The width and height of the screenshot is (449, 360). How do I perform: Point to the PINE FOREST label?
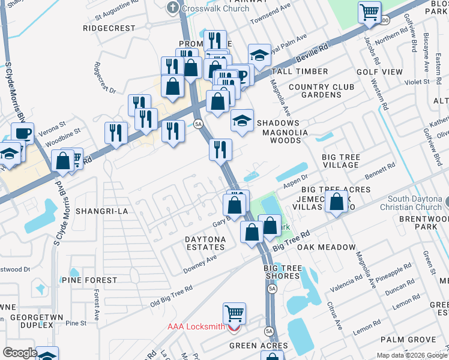click(x=89, y=280)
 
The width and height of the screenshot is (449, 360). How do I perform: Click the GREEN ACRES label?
click(x=259, y=346)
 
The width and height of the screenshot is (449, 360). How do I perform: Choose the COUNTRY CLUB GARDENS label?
click(x=321, y=91)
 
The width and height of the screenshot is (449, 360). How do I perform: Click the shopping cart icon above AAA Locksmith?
click(x=234, y=313)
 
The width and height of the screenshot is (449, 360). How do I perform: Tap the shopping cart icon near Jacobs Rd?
click(x=370, y=12)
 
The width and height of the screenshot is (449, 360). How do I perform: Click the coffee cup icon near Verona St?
click(x=22, y=133)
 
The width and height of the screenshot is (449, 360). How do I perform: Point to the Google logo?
click(x=19, y=353)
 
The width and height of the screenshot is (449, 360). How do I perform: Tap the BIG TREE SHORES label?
click(x=282, y=272)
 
